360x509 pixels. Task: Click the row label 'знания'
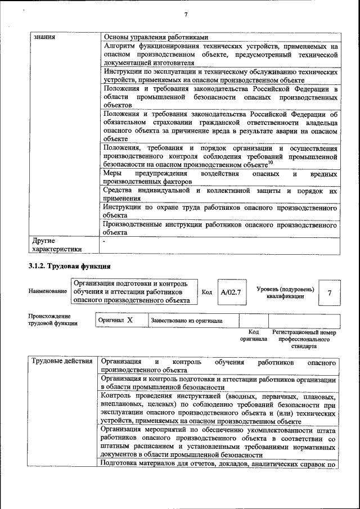point(44,38)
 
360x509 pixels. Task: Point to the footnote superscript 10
point(270,163)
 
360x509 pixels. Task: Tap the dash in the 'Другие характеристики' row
point(105,241)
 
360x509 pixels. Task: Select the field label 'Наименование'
point(47,292)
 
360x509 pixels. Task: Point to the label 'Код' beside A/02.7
point(206,292)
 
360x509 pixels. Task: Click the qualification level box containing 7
point(330,292)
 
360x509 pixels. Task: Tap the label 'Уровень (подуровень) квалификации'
point(285,292)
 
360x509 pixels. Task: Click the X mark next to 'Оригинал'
point(130,320)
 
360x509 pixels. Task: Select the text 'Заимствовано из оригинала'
point(186,321)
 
